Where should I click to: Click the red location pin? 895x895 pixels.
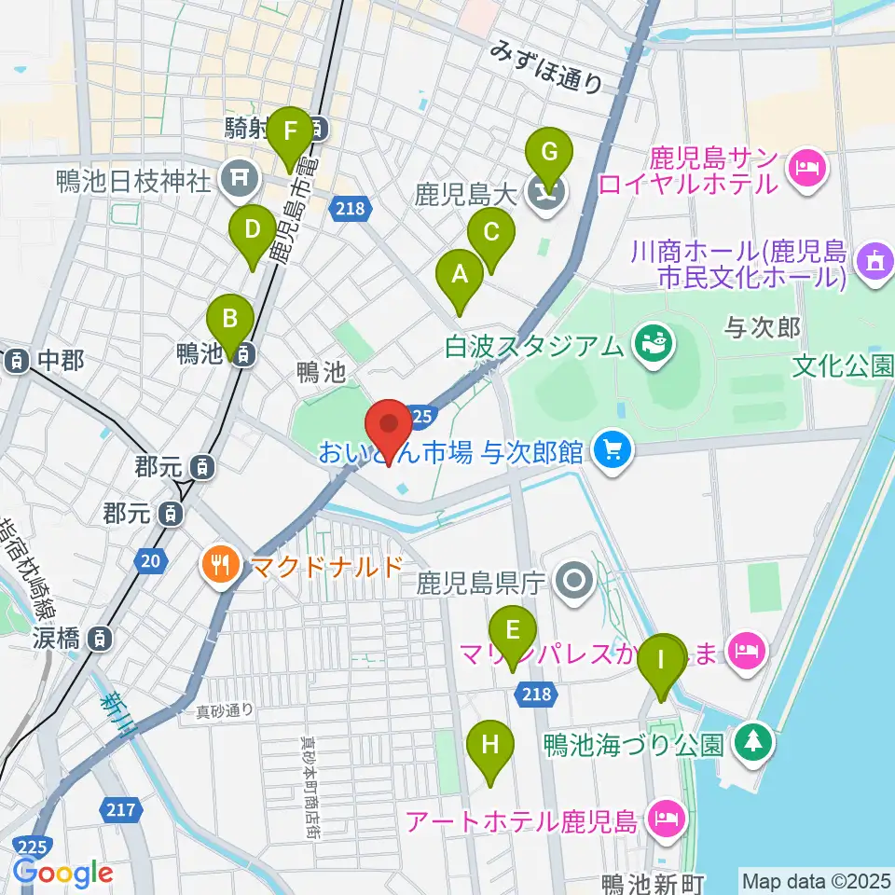click(x=390, y=432)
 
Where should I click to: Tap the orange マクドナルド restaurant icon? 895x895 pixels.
click(x=221, y=565)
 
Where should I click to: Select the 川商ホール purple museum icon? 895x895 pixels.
click(x=874, y=263)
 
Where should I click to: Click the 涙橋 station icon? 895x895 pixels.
click(x=97, y=640)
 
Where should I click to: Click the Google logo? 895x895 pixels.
click(x=63, y=872)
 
